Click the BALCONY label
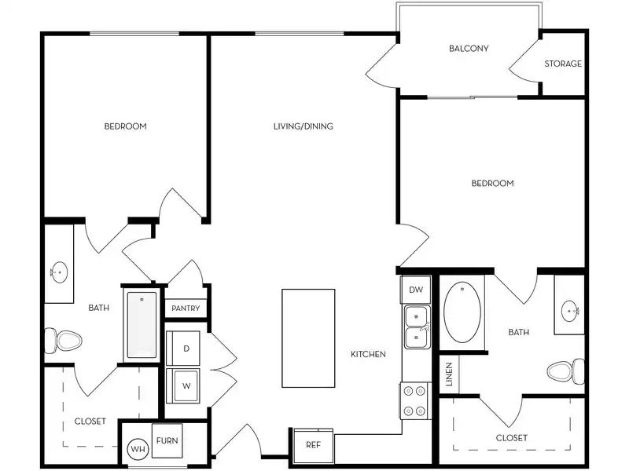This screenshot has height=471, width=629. pos(469,49)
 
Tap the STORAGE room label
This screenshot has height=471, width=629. pos(563,64)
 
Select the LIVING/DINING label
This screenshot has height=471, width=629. pos(303,126)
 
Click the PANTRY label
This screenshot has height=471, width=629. pos(186,309)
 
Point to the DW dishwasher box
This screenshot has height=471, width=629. pos(415,290)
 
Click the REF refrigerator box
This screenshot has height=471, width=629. pos(312,445)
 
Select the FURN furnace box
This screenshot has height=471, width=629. pos(167,441)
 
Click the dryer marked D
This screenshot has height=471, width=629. pos(186,348)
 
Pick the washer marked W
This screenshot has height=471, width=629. pos(186,385)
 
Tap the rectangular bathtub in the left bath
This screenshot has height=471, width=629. pos(142,325)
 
